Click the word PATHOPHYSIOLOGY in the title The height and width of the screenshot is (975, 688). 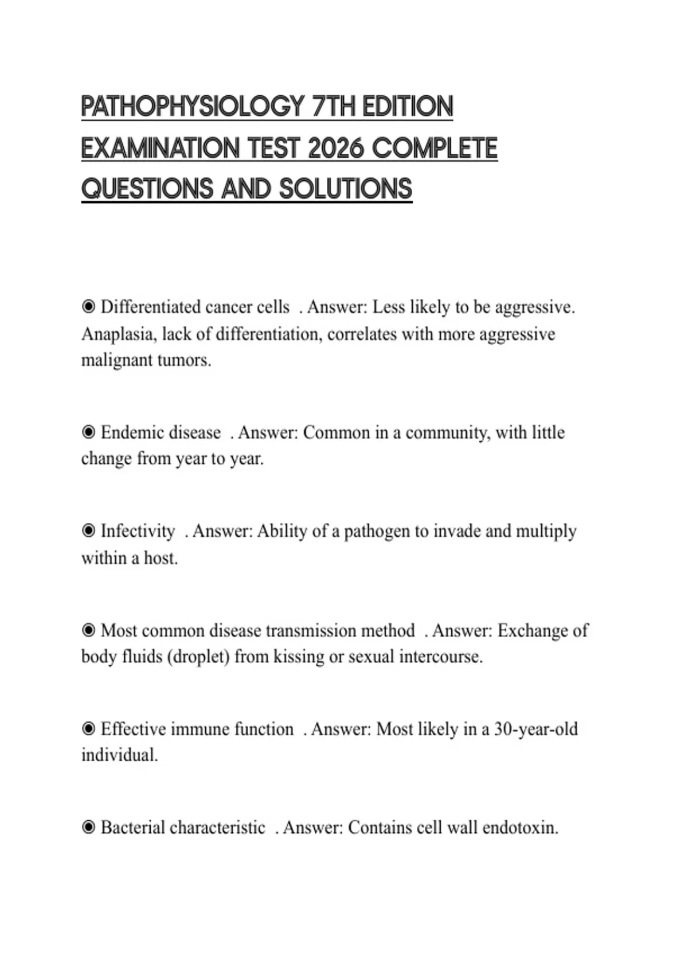coord(193,107)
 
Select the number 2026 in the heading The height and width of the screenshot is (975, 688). coord(336,149)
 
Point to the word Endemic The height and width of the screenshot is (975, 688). coord(130,432)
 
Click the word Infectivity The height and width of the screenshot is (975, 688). coord(138,531)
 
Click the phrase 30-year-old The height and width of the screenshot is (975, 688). coord(535,730)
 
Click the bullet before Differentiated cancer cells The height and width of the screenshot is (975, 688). coord(88,307)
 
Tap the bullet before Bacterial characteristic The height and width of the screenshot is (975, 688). coord(88,828)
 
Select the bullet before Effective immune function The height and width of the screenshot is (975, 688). coord(88,729)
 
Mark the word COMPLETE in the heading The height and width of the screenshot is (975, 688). coord(434,149)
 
